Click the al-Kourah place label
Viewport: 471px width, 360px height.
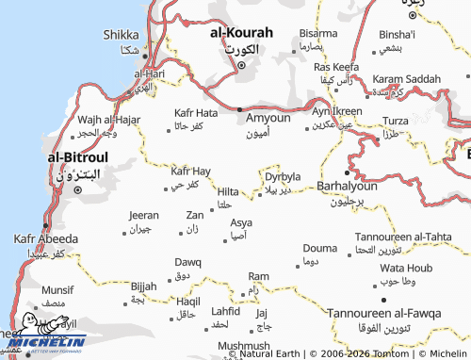pyautogui.click(x=240, y=31)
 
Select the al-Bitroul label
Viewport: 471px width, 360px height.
pyautogui.click(x=79, y=157)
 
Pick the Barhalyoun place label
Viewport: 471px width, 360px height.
pyautogui.click(x=349, y=187)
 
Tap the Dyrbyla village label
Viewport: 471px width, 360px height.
pyautogui.click(x=283, y=176)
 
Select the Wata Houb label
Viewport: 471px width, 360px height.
pyautogui.click(x=404, y=268)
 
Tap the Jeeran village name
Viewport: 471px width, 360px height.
pyautogui.click(x=143, y=216)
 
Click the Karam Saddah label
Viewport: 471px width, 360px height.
pyautogui.click(x=406, y=79)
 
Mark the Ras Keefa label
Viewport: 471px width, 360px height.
pyautogui.click(x=336, y=67)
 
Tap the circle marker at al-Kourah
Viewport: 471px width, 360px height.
pyautogui.click(x=241, y=66)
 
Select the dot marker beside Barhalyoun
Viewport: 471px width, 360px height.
pyautogui.click(x=348, y=173)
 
